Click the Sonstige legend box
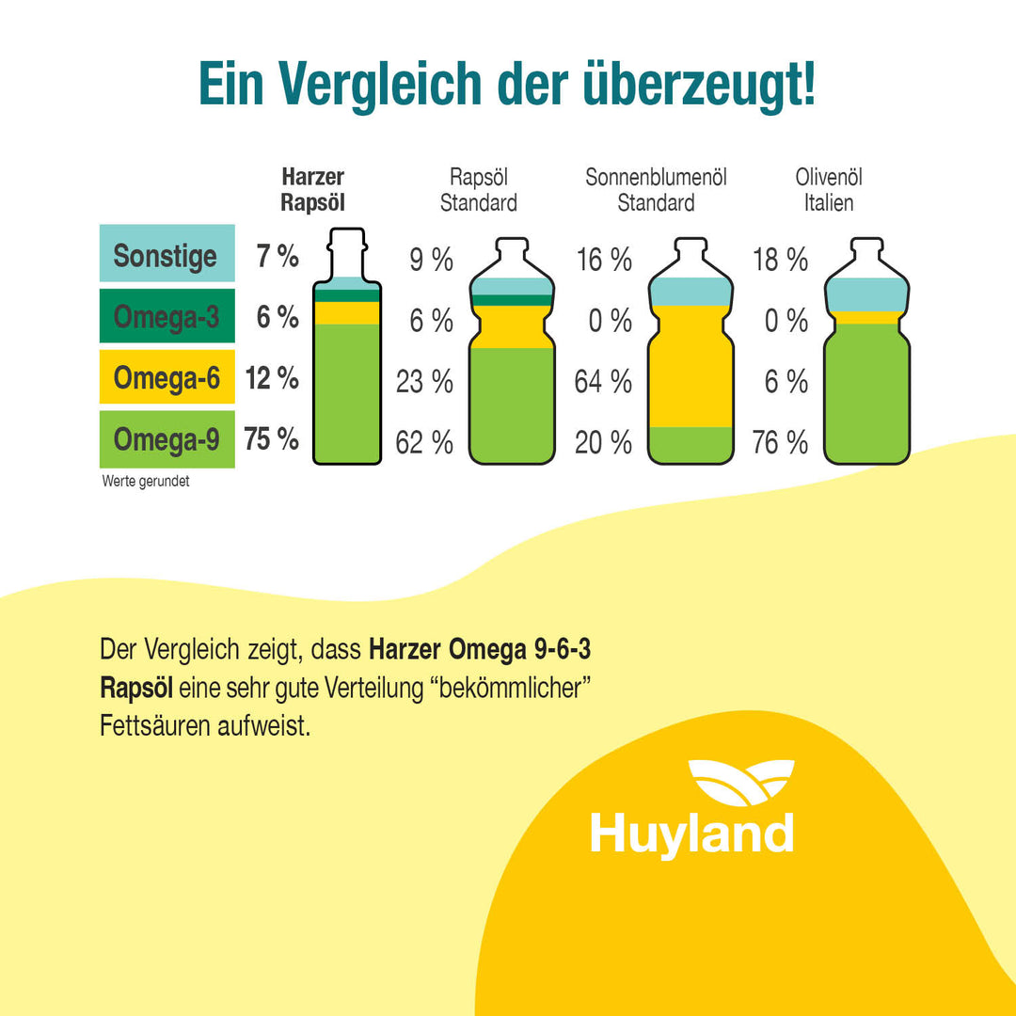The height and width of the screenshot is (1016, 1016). [167, 254]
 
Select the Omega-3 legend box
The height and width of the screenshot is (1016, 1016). [167, 316]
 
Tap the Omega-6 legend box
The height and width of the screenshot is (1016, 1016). [167, 377]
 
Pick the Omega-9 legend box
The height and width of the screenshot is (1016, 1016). [167, 439]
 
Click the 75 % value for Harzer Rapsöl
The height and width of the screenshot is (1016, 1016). [271, 439]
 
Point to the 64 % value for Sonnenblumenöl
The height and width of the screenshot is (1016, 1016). [603, 382]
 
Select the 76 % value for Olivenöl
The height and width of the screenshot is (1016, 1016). [780, 442]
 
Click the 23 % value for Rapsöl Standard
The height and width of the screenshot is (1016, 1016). [424, 382]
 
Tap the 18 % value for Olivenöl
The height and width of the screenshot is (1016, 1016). [780, 261]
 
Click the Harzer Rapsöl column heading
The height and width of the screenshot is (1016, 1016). [312, 190]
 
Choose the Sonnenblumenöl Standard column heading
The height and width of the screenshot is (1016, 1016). [656, 190]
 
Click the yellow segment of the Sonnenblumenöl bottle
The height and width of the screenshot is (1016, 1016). [691, 367]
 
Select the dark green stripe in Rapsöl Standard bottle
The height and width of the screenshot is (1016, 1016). [512, 300]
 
